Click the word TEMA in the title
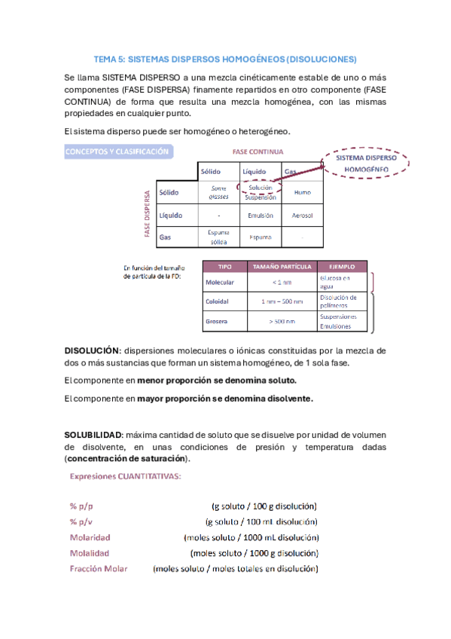click(x=105, y=58)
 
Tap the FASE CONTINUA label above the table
click(x=258, y=151)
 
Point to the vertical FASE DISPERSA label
click(x=148, y=214)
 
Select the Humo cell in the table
click(x=302, y=192)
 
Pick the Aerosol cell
click(x=302, y=216)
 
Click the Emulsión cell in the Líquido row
click(x=260, y=216)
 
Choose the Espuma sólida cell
click(x=218, y=237)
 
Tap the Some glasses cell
click(x=218, y=192)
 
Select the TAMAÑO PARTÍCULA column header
click(x=282, y=267)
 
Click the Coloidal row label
click(x=217, y=301)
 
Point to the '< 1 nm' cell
click(x=282, y=283)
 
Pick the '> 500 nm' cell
click(x=282, y=322)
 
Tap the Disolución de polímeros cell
click(x=343, y=301)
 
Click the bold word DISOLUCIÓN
click(x=91, y=350)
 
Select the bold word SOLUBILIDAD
click(x=93, y=436)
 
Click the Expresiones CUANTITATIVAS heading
click(x=124, y=476)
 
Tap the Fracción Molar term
click(x=99, y=568)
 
